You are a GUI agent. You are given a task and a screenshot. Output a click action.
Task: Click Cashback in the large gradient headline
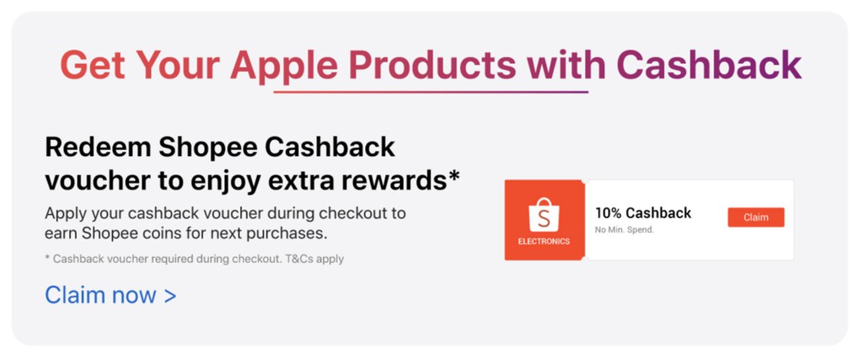(x=709, y=64)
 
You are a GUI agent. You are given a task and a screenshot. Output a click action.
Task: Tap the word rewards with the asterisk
(x=403, y=180)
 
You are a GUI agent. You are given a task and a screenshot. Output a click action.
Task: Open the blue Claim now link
(x=110, y=295)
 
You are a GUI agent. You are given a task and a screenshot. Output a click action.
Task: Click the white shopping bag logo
(x=544, y=215)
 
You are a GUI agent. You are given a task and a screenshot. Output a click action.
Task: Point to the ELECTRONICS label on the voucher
(x=544, y=242)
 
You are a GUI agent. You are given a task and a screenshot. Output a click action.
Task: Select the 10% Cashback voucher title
(x=643, y=213)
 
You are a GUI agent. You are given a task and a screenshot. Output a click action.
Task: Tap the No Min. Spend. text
(x=624, y=230)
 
